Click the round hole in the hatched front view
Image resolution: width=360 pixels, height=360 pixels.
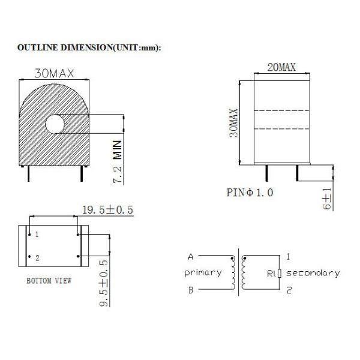click(x=55, y=124)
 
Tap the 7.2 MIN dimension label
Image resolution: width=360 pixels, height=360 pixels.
click(x=118, y=162)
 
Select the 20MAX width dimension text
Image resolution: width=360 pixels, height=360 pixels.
click(x=281, y=67)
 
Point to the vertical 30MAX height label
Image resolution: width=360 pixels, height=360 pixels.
click(x=234, y=123)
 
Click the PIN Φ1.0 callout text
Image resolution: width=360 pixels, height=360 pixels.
click(x=250, y=193)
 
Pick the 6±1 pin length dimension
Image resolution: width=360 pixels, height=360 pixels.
click(x=327, y=199)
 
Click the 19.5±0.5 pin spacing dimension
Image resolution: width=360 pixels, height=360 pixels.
click(x=107, y=210)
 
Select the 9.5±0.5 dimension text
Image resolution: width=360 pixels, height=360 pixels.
click(x=104, y=283)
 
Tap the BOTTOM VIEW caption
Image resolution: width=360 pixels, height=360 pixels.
click(x=49, y=281)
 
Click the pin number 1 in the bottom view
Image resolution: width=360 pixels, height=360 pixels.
click(x=37, y=235)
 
